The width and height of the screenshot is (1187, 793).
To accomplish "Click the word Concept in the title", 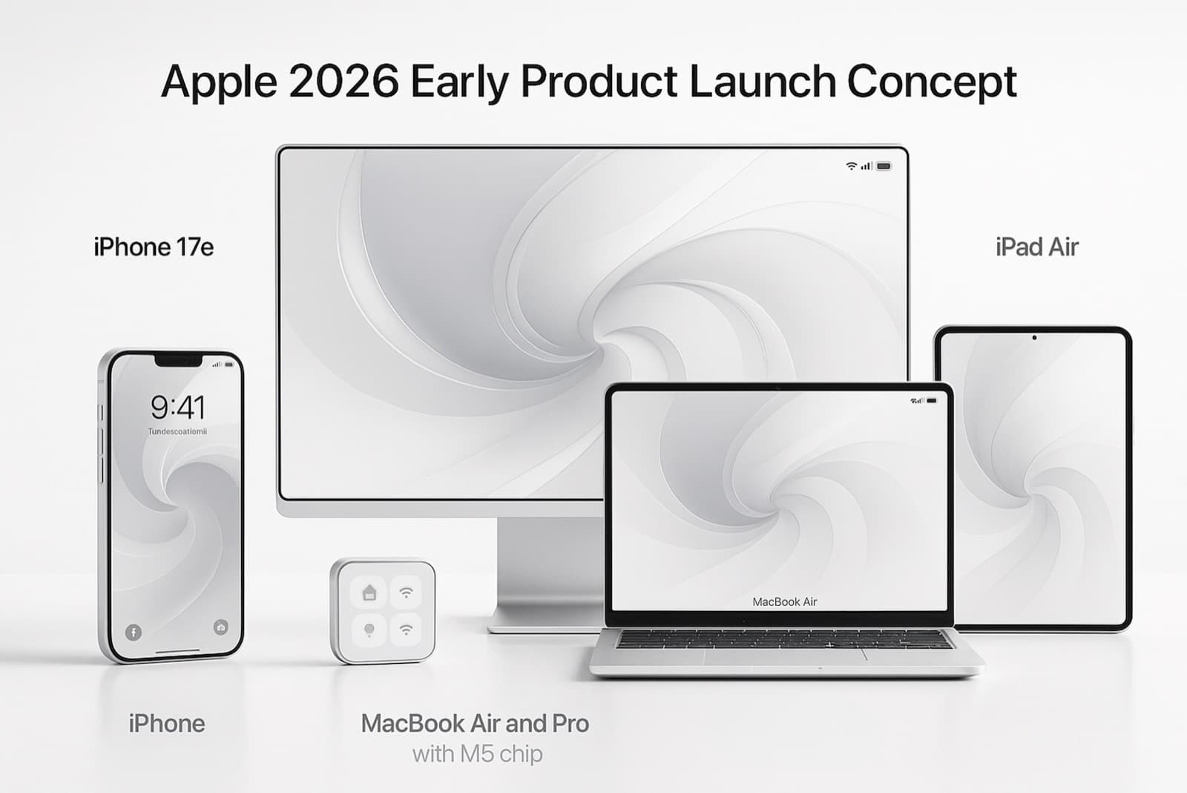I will click(x=931, y=82).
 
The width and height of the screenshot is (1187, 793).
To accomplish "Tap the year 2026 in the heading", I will click(x=343, y=82).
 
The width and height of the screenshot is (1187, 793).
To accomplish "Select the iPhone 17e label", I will click(x=154, y=247).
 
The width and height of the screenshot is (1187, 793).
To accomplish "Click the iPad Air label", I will click(x=1036, y=247).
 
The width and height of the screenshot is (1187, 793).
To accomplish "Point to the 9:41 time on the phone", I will click(x=177, y=407).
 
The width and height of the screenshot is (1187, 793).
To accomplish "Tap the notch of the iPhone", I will click(x=178, y=361).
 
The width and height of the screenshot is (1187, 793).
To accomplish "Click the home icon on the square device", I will click(x=369, y=593).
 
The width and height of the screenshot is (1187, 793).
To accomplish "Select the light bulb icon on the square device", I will click(x=369, y=630).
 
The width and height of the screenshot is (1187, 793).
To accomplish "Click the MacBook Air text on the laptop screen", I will click(x=784, y=601).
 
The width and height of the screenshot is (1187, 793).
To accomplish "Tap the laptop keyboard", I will click(x=784, y=639).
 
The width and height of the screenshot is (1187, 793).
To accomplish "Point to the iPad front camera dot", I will click(x=1034, y=338).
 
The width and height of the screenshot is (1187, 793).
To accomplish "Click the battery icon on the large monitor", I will click(x=884, y=166).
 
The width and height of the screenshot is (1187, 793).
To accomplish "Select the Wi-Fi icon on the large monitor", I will click(x=851, y=166).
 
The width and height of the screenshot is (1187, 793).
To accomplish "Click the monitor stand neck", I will click(x=549, y=564).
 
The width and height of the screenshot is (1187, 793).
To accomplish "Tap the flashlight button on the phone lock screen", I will click(x=134, y=633).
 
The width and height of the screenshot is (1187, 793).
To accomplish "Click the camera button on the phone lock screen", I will click(x=220, y=627).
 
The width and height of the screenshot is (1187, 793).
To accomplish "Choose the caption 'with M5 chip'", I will click(x=477, y=754).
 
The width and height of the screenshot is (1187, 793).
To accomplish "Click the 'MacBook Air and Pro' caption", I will click(x=475, y=723).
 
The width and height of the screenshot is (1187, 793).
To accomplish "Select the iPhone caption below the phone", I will click(x=166, y=723).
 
